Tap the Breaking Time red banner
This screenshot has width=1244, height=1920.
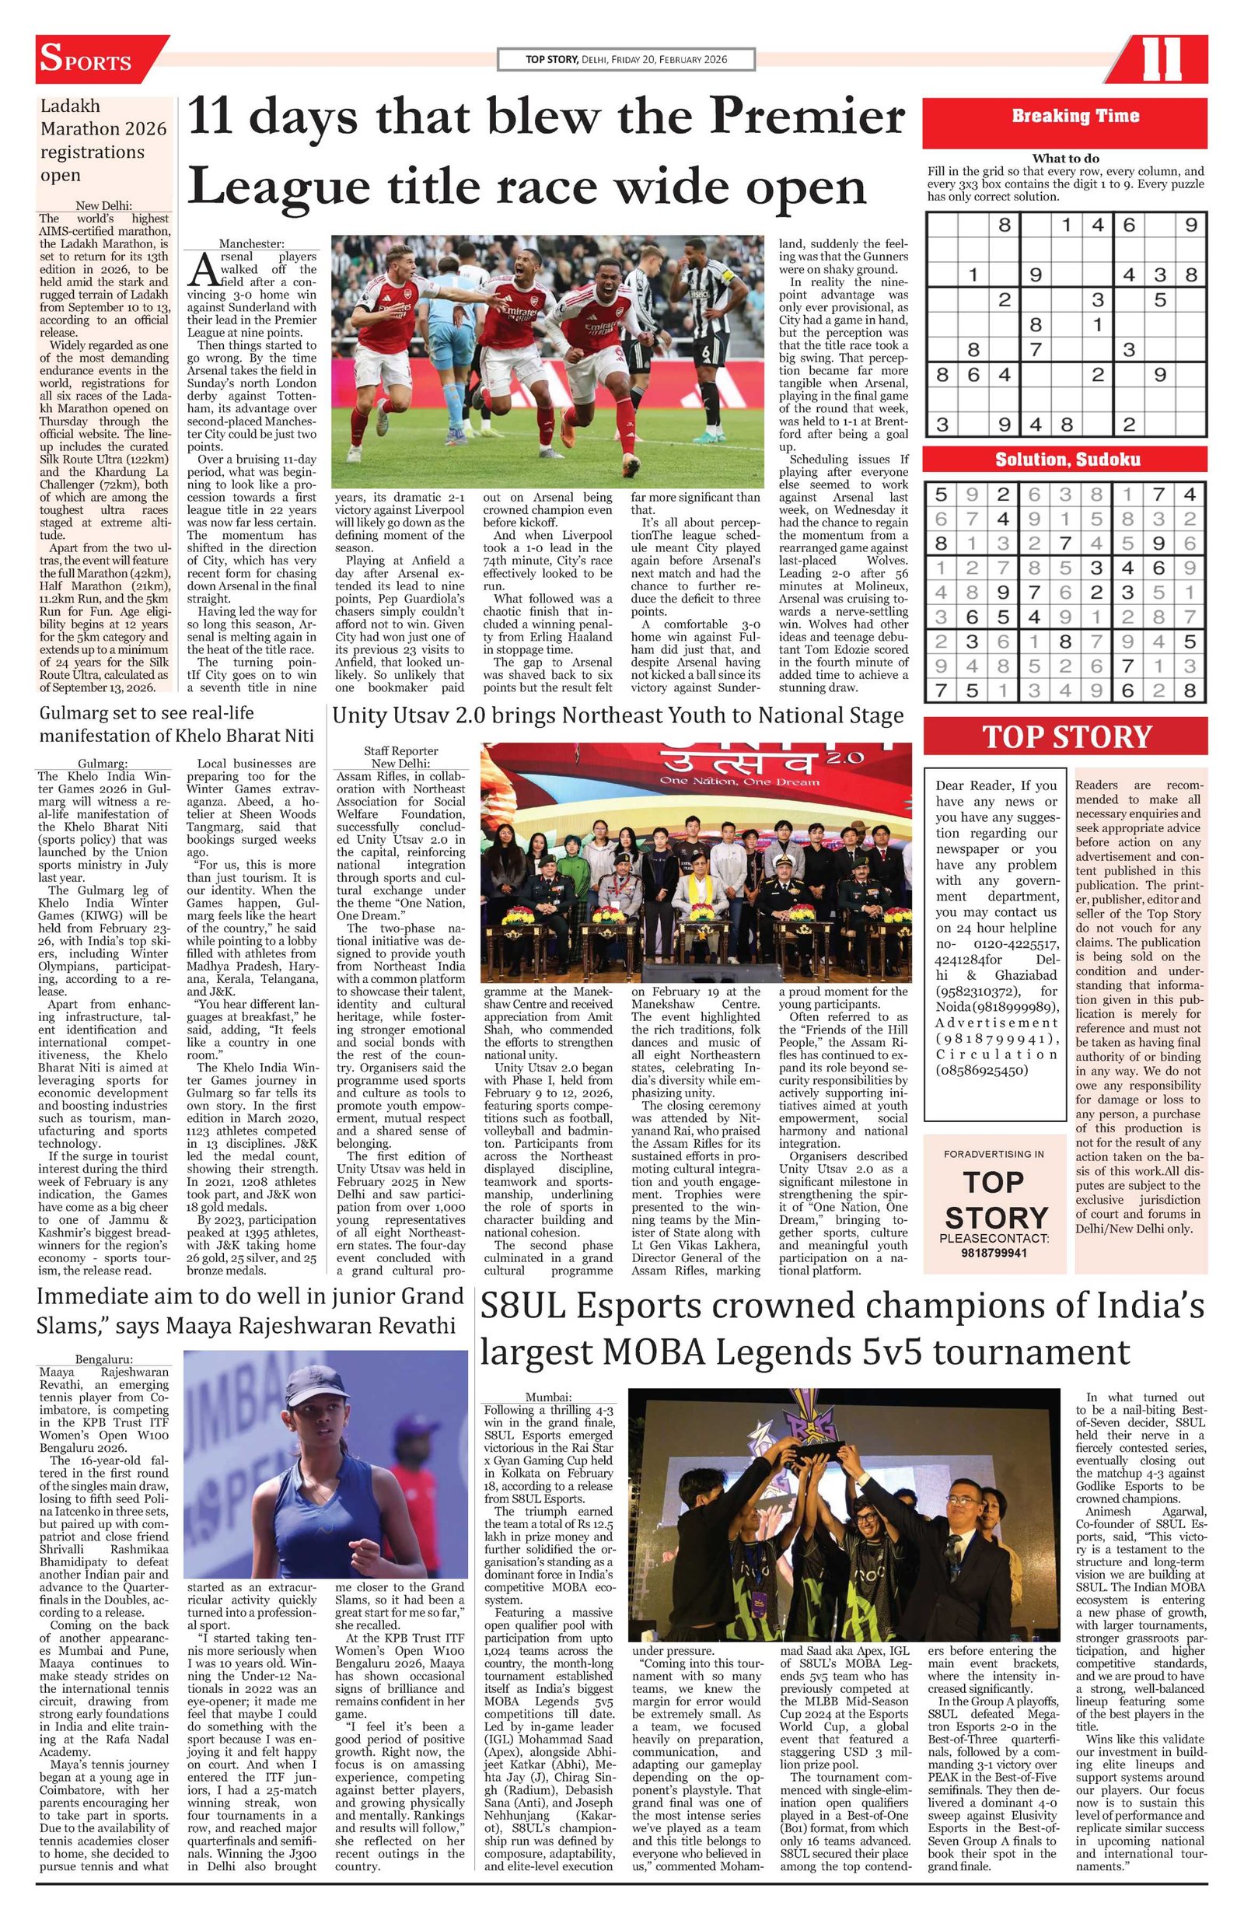pyautogui.click(x=1064, y=116)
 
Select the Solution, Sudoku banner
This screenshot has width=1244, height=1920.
pyautogui.click(x=1064, y=459)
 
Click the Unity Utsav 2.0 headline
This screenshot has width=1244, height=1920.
pyautogui.click(x=617, y=715)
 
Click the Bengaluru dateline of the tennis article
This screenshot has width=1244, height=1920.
pyautogui.click(x=105, y=1359)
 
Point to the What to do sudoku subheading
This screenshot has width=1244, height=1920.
pyautogui.click(x=1065, y=159)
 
